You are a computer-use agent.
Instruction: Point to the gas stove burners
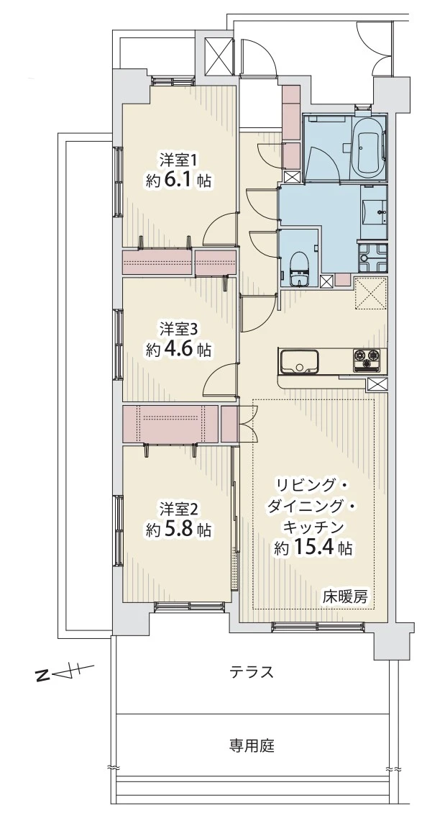(369, 357)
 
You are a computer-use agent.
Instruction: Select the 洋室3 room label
(178, 329)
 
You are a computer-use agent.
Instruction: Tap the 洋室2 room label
(178, 507)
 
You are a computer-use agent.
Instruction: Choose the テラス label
(252, 673)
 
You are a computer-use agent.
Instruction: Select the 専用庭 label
(252, 745)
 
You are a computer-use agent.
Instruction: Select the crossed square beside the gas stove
(376, 384)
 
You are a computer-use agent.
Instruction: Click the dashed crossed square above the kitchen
(372, 294)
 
